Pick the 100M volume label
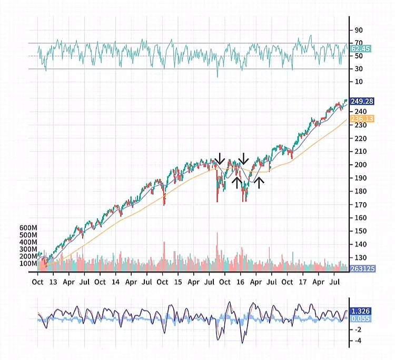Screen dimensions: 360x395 pos(27,263)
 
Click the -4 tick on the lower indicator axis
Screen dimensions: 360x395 pos(358,341)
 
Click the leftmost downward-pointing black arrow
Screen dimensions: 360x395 pos(220,158)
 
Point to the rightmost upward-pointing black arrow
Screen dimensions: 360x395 pos(259,183)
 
